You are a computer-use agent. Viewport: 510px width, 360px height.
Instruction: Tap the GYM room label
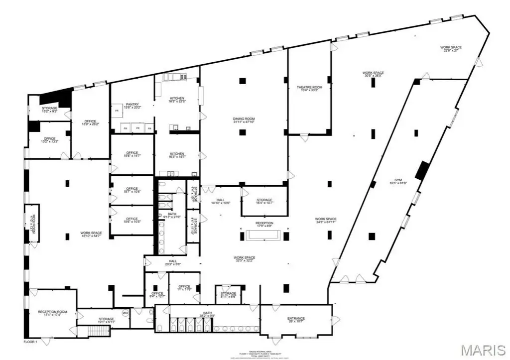[x=396, y=182]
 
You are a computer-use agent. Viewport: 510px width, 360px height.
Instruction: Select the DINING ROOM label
[x=244, y=120]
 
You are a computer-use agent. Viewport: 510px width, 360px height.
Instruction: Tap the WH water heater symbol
[x=125, y=313]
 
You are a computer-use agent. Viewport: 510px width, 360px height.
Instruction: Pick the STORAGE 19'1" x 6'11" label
[x=106, y=320]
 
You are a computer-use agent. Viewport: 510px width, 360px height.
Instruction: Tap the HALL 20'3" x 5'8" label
[x=172, y=263]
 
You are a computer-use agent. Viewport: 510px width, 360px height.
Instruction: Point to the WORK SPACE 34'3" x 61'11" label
[x=325, y=221]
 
